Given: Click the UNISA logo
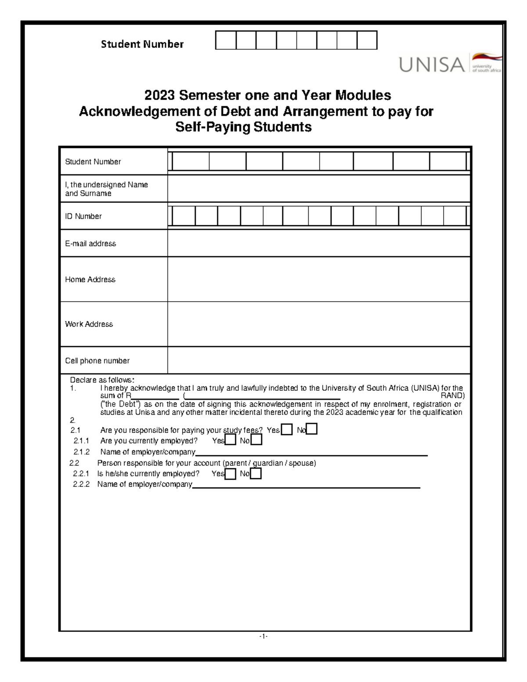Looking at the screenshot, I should coord(449,64).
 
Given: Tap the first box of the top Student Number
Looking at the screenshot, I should coord(226,40).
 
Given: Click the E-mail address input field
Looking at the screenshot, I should coord(318,243).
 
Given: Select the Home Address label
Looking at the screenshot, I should coord(90,279).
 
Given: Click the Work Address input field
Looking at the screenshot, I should coord(318,324).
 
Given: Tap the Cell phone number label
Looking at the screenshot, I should coord(97,361).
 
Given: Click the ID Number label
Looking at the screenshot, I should coord(83,216).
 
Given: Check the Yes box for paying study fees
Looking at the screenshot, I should coord(287,429).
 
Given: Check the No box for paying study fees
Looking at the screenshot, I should coord(312,429).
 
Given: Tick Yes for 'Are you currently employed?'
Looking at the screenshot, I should coord(230,440).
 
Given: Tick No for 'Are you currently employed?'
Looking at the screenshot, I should coord(256,440).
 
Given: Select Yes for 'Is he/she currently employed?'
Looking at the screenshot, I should coord(230,474).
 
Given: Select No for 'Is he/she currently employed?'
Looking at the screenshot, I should coord(256,474).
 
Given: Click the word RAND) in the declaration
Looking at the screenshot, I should coord(452,396).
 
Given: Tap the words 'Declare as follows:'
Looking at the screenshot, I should coord(102,380).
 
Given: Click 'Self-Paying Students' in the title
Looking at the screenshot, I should coord(243,127).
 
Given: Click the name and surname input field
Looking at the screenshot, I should coord(318,189).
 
